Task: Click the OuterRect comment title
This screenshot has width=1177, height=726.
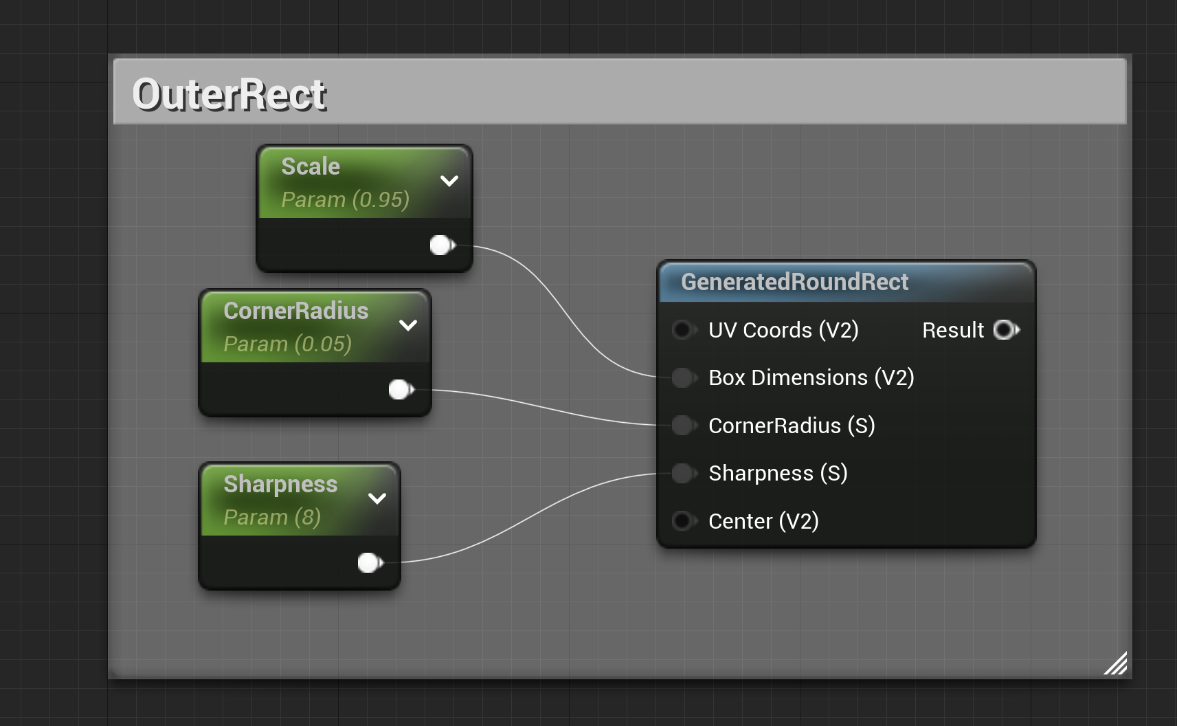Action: (x=229, y=94)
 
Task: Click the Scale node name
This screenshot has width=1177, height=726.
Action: (x=311, y=166)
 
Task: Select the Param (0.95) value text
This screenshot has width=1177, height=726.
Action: (x=345, y=199)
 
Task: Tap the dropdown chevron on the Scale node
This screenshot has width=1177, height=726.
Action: (x=449, y=181)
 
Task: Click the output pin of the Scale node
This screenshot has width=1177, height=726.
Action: (x=442, y=245)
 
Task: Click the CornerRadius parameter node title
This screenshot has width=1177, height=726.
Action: (x=296, y=311)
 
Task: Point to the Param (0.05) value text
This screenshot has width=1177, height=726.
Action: (x=287, y=344)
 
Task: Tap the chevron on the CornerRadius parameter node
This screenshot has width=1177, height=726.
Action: (x=408, y=325)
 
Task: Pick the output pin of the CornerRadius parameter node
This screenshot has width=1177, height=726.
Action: (x=401, y=390)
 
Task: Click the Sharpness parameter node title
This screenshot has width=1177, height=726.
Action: (x=280, y=484)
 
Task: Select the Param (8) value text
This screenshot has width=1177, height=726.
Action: (x=272, y=517)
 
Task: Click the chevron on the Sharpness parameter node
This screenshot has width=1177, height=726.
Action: (x=377, y=498)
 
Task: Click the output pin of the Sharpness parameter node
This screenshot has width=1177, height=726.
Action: (x=370, y=563)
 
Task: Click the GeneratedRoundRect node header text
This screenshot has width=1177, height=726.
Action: (x=794, y=282)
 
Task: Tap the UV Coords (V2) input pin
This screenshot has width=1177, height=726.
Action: (x=682, y=330)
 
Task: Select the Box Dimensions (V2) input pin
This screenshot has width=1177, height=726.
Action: (x=682, y=377)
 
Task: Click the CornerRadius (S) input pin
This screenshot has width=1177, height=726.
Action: (x=682, y=426)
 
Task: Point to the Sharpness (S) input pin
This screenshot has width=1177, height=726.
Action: (x=682, y=473)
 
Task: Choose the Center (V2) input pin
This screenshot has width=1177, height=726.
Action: (x=682, y=521)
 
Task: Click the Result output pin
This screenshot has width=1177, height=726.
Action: (x=1006, y=330)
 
